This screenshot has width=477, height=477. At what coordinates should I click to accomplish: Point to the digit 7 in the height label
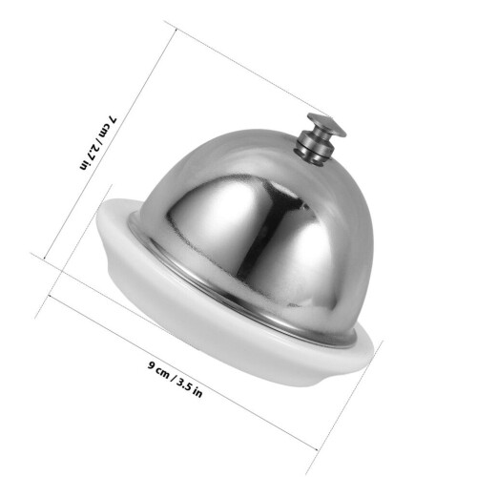[x=113, y=119]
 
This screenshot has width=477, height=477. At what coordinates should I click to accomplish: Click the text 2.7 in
[x=90, y=155]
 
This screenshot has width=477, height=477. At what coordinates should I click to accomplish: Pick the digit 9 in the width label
[x=152, y=364]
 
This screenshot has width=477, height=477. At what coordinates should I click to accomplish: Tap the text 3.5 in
[x=190, y=386]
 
